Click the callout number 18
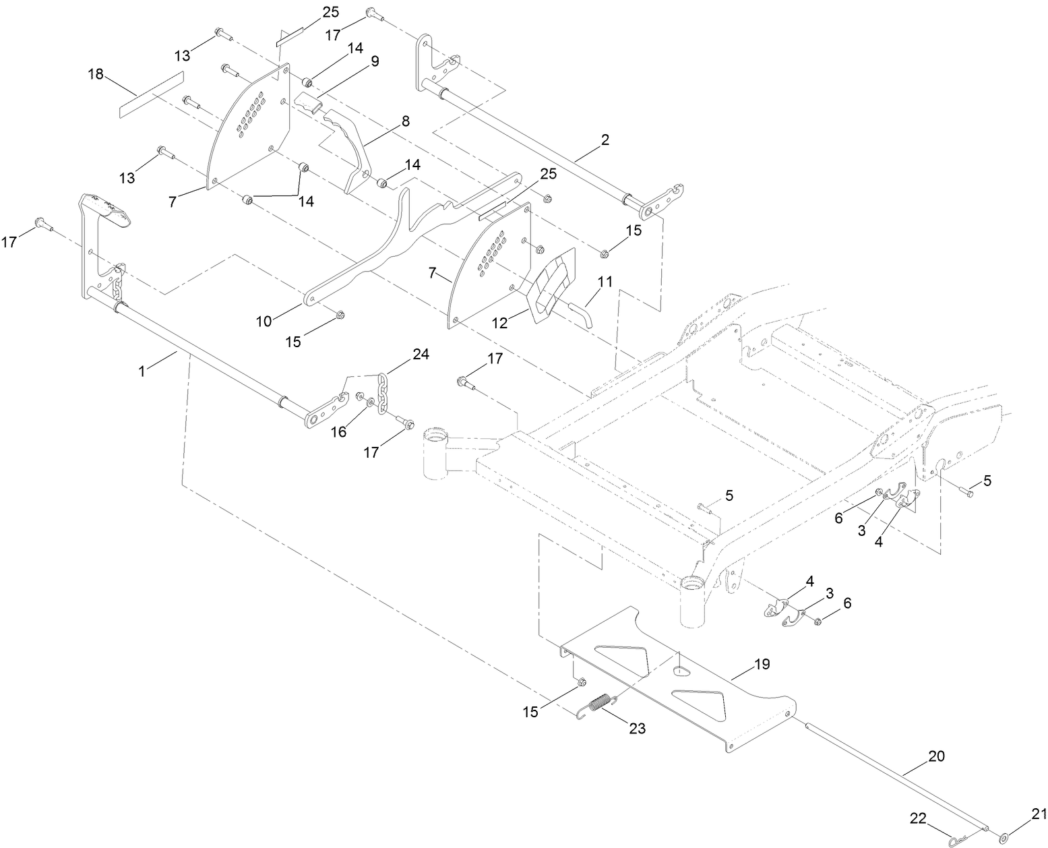[x=96, y=74]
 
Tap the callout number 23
[x=638, y=728]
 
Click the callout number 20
[x=937, y=756]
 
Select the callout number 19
[x=762, y=664]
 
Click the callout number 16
[x=338, y=431]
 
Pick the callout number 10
[x=264, y=321]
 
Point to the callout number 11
[x=605, y=282]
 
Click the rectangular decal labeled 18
[x=151, y=93]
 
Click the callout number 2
[x=605, y=140]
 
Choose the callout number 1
[x=142, y=371]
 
